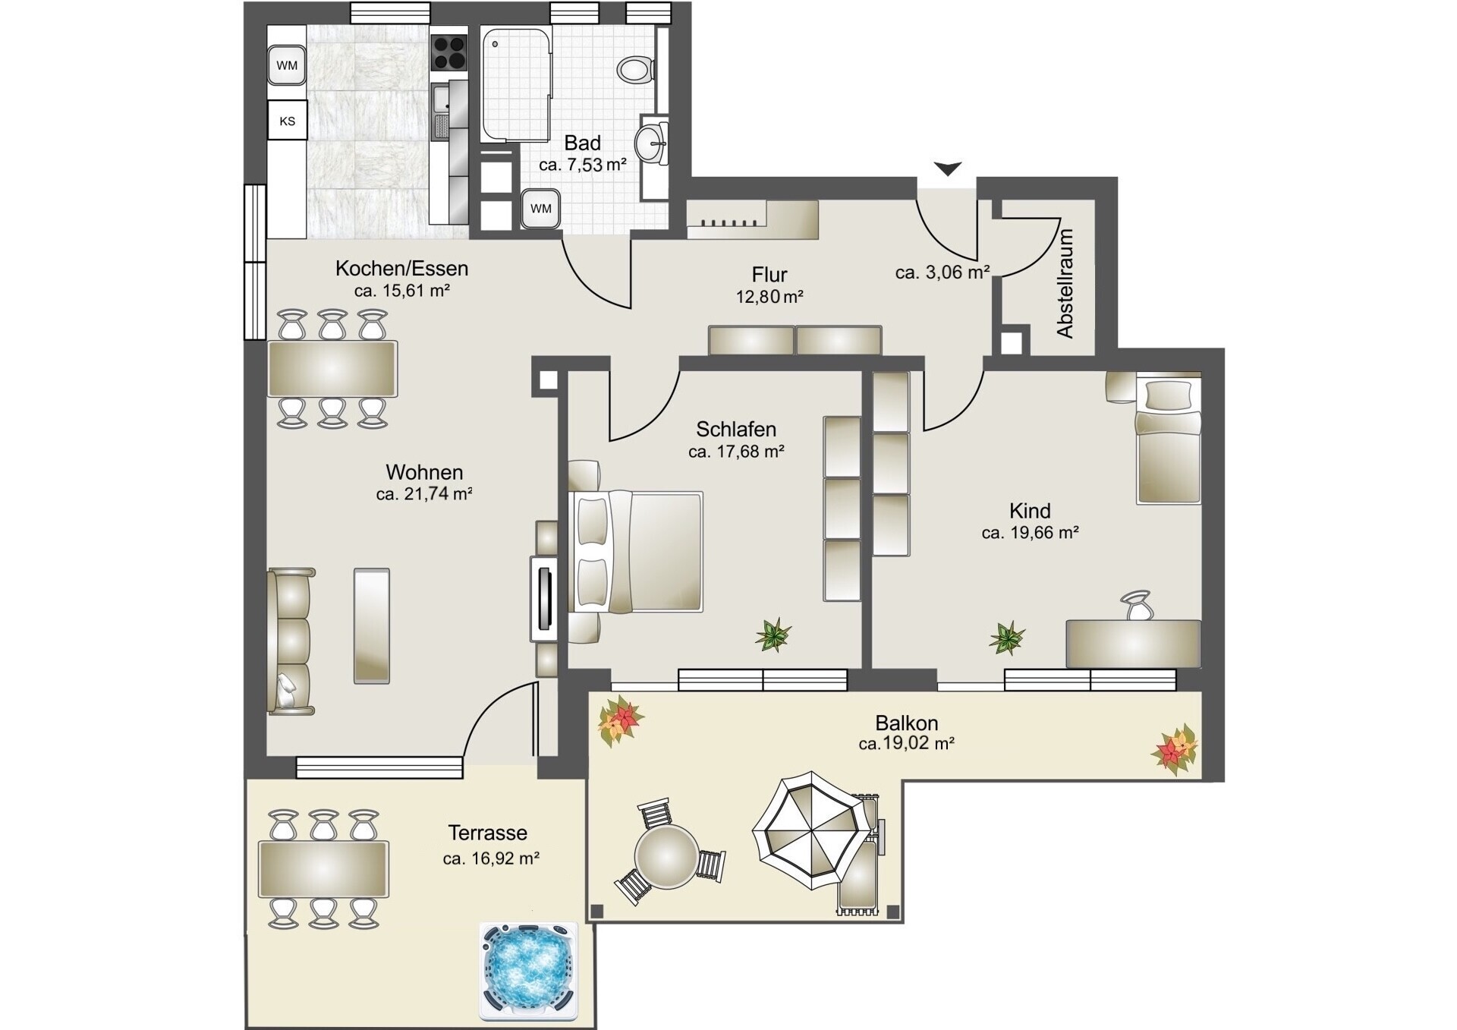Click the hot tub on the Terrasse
pyautogui.click(x=529, y=971)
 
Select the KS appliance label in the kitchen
pyautogui.click(x=287, y=121)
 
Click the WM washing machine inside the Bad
pyautogui.click(x=540, y=208)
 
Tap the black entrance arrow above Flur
pyautogui.click(x=947, y=169)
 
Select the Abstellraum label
pyautogui.click(x=1065, y=283)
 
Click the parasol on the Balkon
pyautogui.click(x=810, y=830)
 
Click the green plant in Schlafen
pyautogui.click(x=773, y=635)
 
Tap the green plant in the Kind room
pyautogui.click(x=1008, y=638)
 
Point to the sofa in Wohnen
pyautogui.click(x=290, y=641)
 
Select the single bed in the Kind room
pyautogui.click(x=1169, y=439)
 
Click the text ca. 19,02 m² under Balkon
pyautogui.click(x=906, y=744)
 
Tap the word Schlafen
pyautogui.click(x=736, y=430)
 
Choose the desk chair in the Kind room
pyautogui.click(x=1136, y=606)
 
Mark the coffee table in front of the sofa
pyautogui.click(x=372, y=626)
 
